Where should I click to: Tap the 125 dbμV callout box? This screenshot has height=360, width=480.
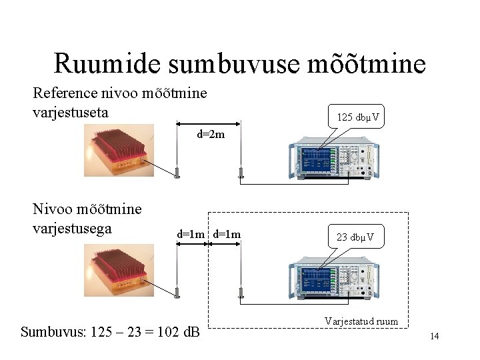[x=358, y=117]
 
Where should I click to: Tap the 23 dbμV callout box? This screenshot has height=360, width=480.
[x=355, y=237]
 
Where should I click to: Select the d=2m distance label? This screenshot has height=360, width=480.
[x=210, y=135]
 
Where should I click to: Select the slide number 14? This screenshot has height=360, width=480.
[x=434, y=336]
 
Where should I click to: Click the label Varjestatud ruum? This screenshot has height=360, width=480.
[x=361, y=321]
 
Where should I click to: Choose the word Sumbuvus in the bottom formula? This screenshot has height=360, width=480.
[x=51, y=331]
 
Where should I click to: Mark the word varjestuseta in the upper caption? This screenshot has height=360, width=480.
[x=71, y=113]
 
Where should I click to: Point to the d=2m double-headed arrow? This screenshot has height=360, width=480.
[x=208, y=124]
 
